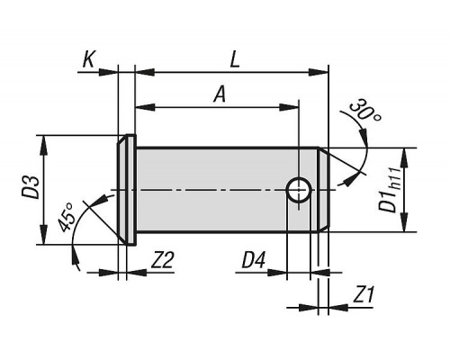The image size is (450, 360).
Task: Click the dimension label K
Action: pos(89,60)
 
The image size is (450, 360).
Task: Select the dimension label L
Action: pos(235,60)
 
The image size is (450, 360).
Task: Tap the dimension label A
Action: pos(220,94)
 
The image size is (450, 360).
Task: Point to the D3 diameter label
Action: pos(31,187)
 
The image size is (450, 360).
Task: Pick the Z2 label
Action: pos(162,260)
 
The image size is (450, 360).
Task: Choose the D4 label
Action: pos(254,260)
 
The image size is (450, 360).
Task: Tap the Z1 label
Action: pos(364,295)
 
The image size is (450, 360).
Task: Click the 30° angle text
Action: pos(365,111)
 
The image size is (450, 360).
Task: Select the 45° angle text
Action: pos(67,217)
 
